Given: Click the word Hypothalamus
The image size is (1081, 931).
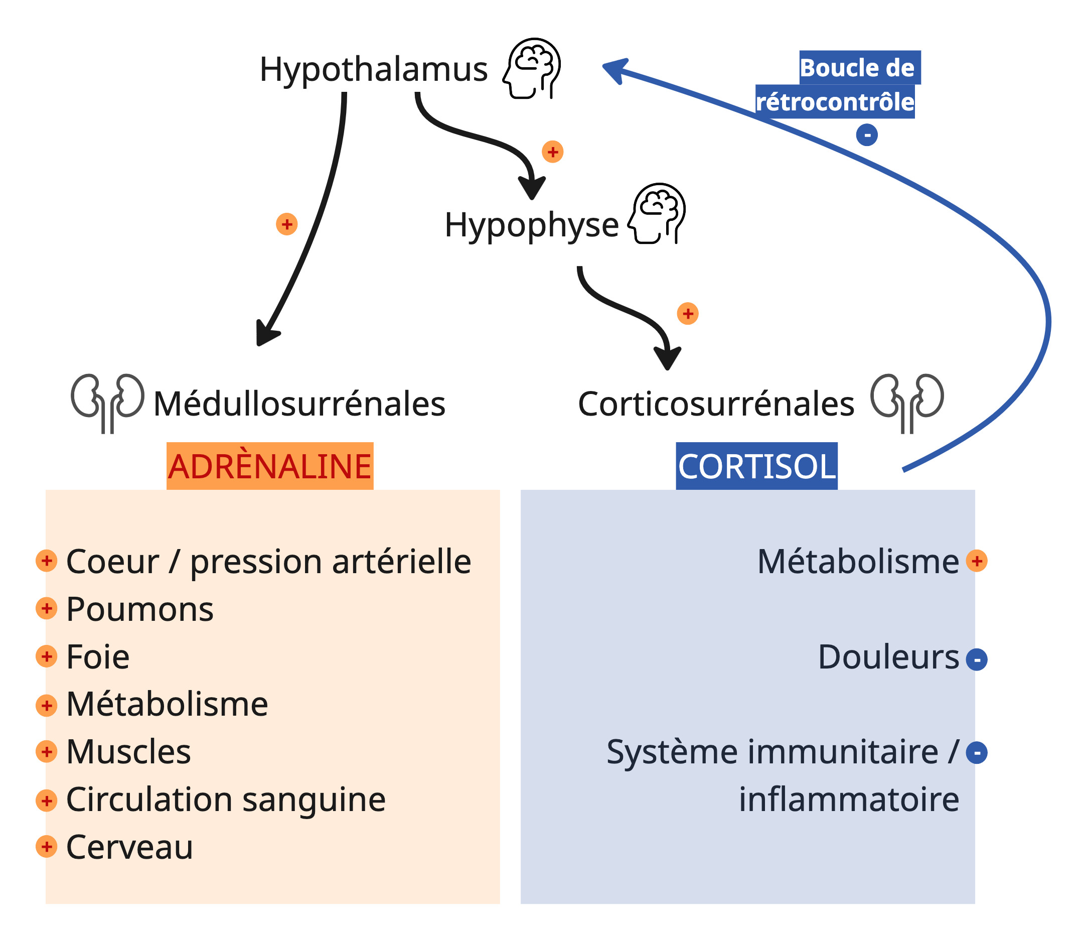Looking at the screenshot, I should coord(373,69).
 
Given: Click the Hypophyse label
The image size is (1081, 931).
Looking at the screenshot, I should coord(531,225).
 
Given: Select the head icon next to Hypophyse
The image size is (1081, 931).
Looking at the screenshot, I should coord(657,213).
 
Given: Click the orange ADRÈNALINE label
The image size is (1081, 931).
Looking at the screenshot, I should coord(270,466).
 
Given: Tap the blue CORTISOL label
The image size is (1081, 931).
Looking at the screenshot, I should coord(756,466).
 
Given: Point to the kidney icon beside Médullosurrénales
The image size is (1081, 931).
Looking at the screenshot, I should coord(107,402).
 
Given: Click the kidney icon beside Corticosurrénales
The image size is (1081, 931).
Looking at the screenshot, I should coord(907,402).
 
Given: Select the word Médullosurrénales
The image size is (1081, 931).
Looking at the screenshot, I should coord(299,404).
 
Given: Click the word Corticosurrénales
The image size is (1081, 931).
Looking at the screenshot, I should coord(716,404).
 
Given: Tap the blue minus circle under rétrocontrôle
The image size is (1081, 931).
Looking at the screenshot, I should coord(867,135).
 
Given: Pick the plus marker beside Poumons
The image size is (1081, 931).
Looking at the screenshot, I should coord(47,608).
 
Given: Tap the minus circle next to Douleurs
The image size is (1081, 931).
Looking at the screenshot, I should coord(976,659).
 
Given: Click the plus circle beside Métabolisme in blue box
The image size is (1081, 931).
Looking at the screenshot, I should coord(976,561).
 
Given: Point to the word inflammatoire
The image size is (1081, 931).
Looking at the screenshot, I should coord(849,800).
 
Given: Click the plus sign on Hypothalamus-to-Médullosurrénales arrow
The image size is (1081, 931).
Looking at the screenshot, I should coord(286,224).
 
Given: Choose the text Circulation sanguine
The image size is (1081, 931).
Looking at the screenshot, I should coord(225,800).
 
